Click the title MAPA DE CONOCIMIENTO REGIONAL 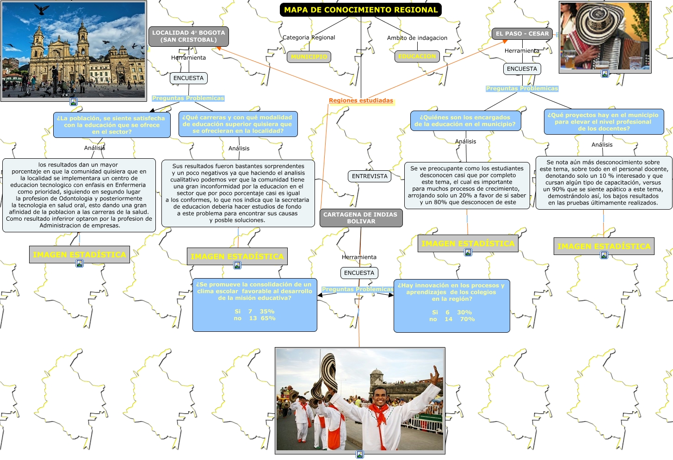click(x=360, y=10)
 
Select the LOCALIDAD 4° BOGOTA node click(x=189, y=36)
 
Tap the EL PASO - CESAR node click(x=522, y=34)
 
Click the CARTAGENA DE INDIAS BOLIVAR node click(x=361, y=218)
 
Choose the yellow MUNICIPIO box click(x=309, y=57)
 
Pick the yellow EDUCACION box click(x=417, y=56)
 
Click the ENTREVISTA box click(x=370, y=176)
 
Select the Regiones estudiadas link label click(x=361, y=100)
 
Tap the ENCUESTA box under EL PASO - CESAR click(x=522, y=69)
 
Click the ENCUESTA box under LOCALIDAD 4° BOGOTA click(x=188, y=78)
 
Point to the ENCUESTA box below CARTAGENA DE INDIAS click(x=359, y=273)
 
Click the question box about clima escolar click(x=254, y=305)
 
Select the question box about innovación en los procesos click(x=451, y=305)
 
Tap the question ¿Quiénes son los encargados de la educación click(x=465, y=121)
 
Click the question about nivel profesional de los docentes click(x=604, y=122)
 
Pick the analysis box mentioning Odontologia click(x=79, y=195)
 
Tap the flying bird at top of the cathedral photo click(x=42, y=10)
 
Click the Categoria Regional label click(x=309, y=37)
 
